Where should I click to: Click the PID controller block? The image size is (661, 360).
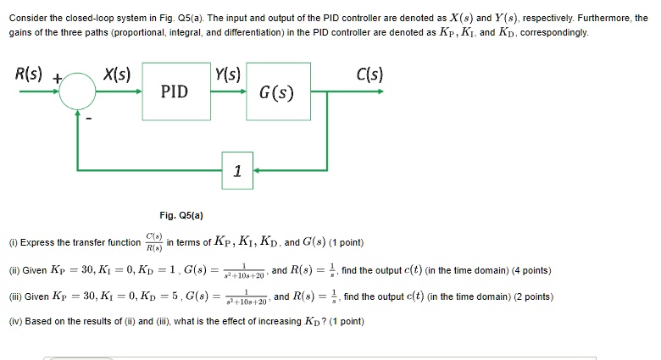(175, 90)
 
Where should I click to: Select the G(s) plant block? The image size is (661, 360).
(276, 90)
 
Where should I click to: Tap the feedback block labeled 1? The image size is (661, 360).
(236, 171)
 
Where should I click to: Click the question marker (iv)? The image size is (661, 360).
(14, 322)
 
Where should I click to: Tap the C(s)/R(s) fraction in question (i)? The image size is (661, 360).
(154, 242)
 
